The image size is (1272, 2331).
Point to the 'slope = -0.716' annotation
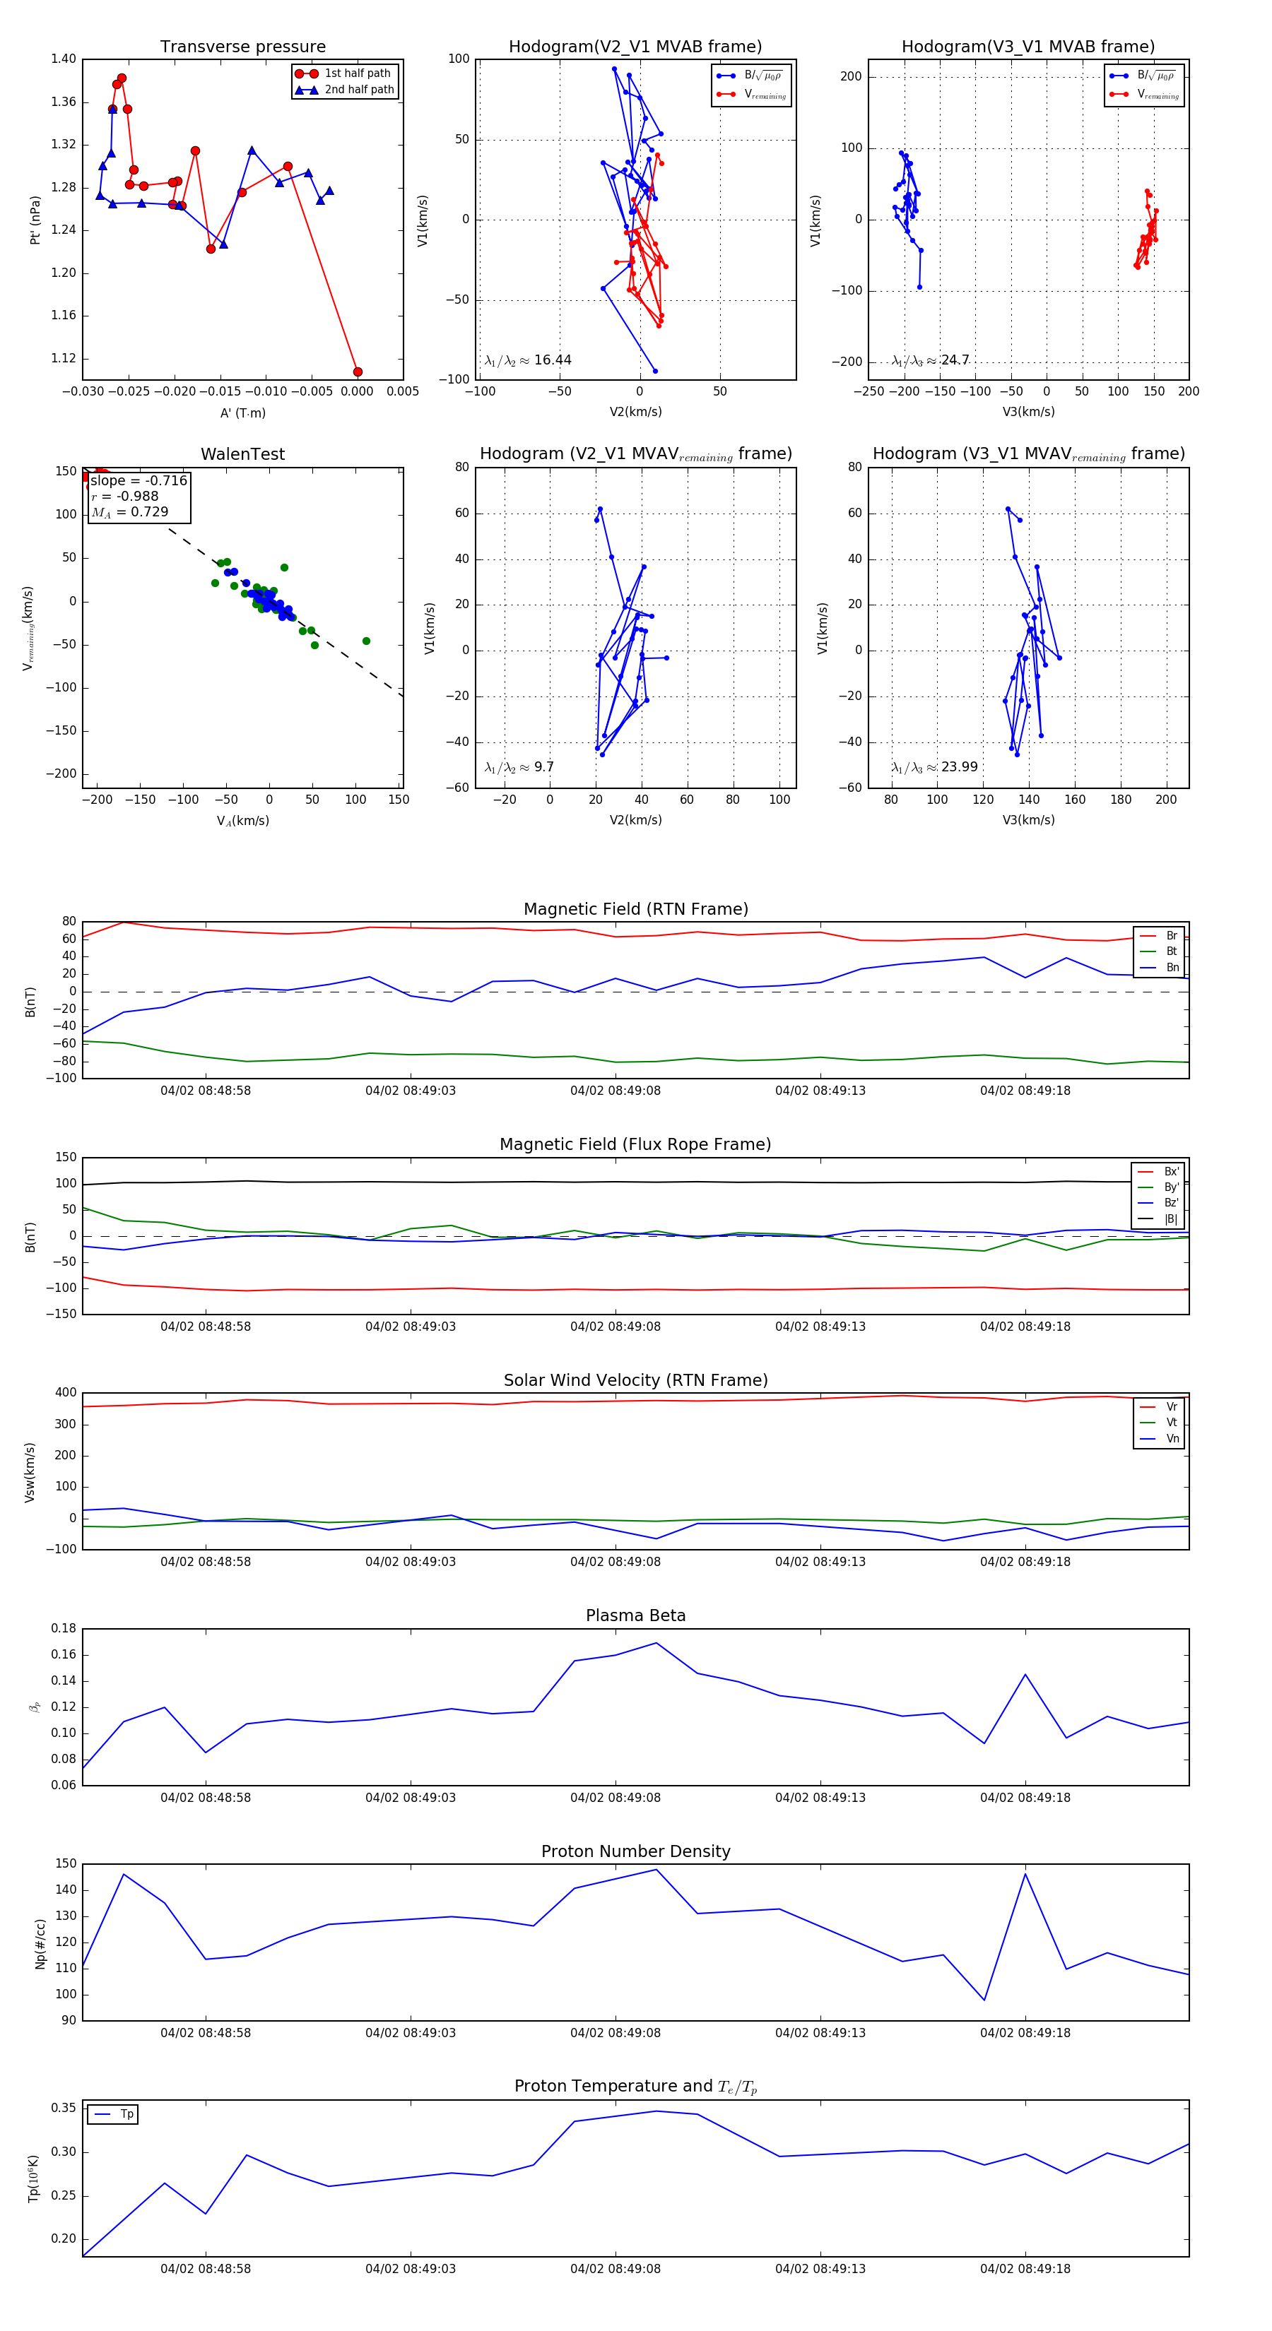coord(139,480)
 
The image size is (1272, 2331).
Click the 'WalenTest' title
coord(242,454)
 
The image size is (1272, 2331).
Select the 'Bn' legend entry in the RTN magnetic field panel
coord(1172,967)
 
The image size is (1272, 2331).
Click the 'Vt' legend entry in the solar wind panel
coord(1172,1423)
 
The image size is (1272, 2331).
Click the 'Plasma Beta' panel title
coord(635,1615)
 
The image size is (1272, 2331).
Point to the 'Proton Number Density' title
coord(635,1851)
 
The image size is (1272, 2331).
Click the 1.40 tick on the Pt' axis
coord(64,59)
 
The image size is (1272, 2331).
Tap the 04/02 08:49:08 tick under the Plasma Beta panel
coord(615,1797)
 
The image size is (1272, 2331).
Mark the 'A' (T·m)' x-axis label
coord(242,413)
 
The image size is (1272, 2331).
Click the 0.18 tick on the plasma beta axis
coord(64,1628)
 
